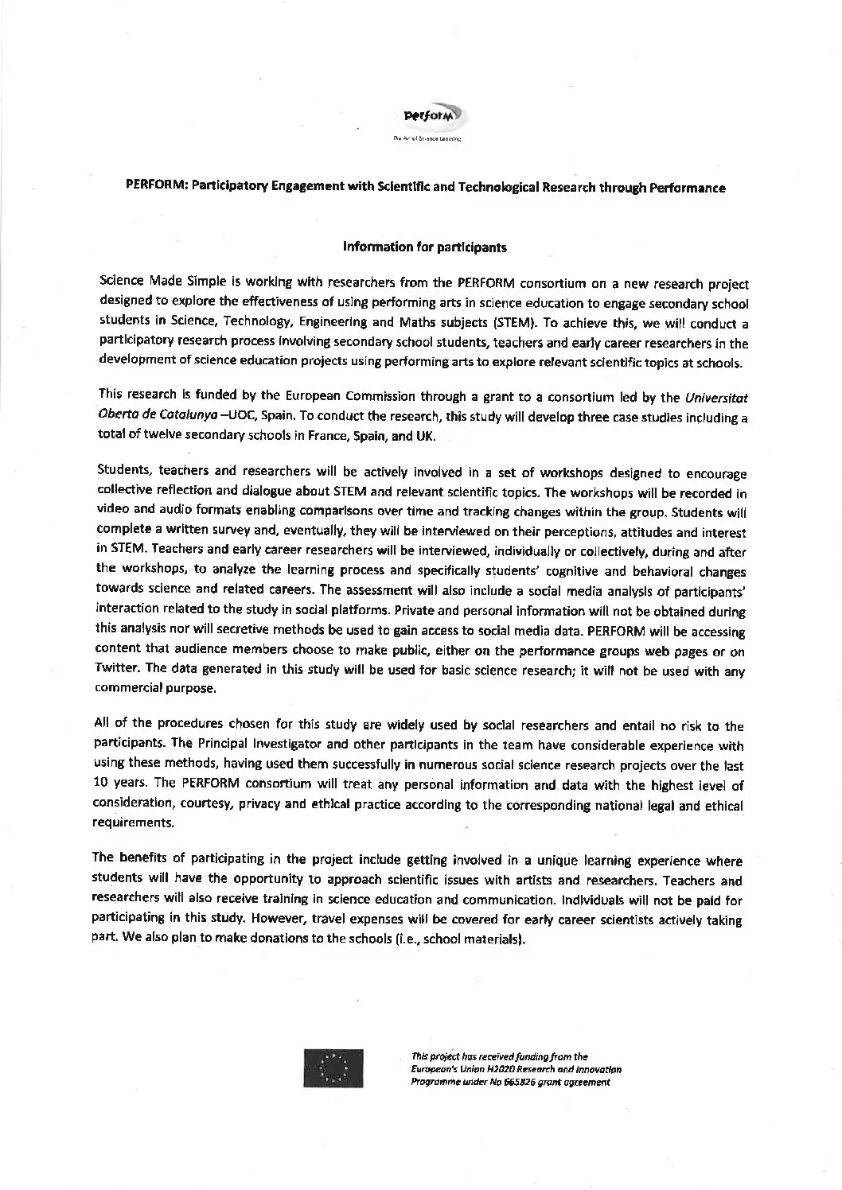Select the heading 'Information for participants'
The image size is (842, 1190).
(x=424, y=247)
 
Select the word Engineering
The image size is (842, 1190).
(x=328, y=325)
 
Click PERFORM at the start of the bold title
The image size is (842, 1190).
(x=154, y=189)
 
